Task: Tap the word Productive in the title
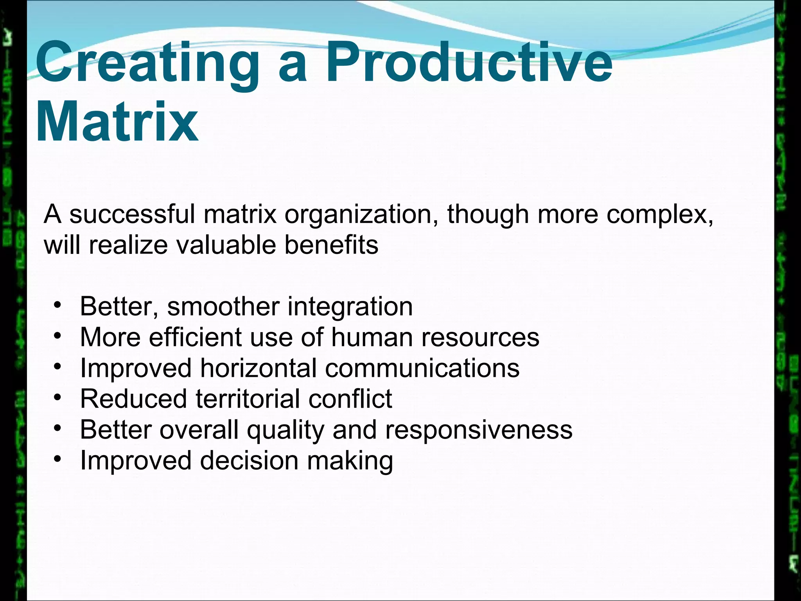(469, 63)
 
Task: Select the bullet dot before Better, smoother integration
(58, 305)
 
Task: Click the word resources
(480, 337)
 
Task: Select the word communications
(422, 368)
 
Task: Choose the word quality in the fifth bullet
(286, 430)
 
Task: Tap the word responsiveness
(479, 430)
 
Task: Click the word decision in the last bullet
(250, 461)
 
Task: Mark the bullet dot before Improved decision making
(58, 459)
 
